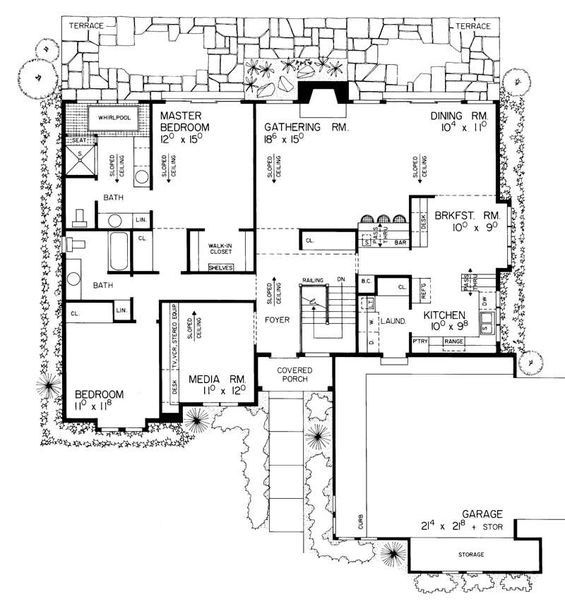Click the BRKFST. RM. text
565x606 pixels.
468,215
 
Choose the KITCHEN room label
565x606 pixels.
444,315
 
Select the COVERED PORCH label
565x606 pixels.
295,375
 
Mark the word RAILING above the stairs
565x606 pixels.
313,280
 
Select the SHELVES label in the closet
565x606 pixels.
220,267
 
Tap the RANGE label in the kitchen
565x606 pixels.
453,341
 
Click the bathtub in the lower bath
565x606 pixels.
118,253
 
